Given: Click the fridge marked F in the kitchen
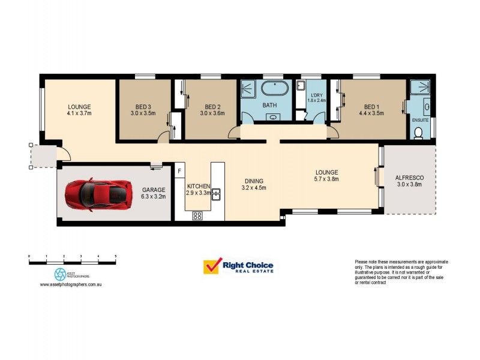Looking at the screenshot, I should point(179,172).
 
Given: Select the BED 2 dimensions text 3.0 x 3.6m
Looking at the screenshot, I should point(212,113).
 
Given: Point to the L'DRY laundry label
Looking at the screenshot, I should point(316,95).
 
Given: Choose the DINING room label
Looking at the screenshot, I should point(253,181).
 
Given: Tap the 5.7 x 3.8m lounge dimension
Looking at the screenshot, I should point(326,179).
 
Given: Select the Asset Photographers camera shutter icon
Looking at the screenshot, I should point(60,274).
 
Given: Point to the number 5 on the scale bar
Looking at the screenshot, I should point(115,257).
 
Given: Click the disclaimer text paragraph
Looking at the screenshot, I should point(401,272).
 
